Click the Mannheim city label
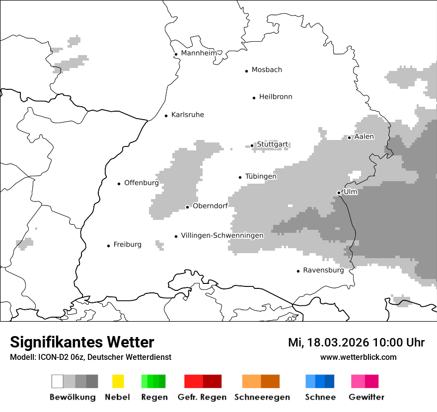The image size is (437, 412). point(199,53)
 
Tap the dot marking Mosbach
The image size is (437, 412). point(246,71)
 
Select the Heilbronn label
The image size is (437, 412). point(276,97)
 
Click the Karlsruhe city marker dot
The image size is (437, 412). point(166,116)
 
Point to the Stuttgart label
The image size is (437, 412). point(272,144)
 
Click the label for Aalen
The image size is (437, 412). point(364,137)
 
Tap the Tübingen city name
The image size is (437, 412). point(261,176)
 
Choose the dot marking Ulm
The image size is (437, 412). point(339,193)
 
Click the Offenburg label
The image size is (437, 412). point(142,183)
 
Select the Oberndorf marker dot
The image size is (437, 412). point(187,207)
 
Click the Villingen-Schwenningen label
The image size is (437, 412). point(222,235)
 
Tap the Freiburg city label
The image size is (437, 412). point(127,244)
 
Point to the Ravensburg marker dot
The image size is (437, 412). point(298,271)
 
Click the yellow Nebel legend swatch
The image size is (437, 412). point(118,381)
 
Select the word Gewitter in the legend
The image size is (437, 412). point(366,397)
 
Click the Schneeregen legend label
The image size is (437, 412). point(262,397)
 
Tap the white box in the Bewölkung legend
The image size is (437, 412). point(58,381)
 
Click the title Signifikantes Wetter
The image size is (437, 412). point(82,342)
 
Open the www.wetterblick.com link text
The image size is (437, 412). point(358,357)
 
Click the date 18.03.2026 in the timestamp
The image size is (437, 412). point(338,343)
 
